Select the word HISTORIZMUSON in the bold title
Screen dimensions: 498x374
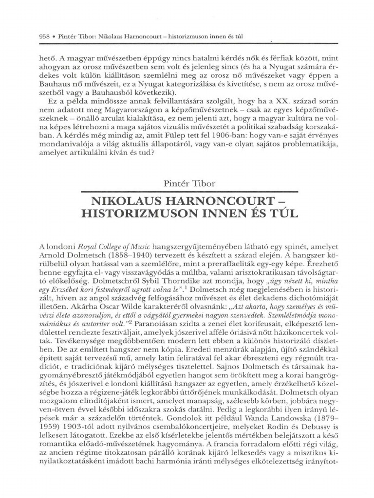[x=142, y=213]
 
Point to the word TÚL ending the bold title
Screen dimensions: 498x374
[x=277, y=213]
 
